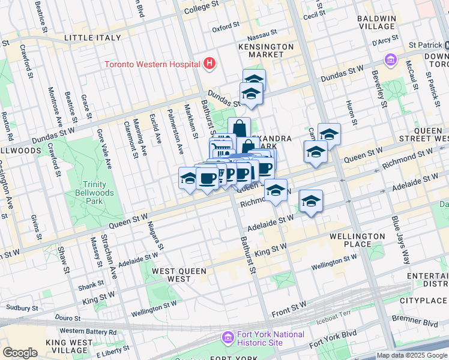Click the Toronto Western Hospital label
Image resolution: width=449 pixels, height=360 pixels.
[152, 64]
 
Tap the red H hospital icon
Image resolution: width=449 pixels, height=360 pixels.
[209, 63]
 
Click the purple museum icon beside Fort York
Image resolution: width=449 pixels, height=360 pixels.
[227, 338]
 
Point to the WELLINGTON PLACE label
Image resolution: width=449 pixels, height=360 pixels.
[357, 241]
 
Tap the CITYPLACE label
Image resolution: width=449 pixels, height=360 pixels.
[423, 299]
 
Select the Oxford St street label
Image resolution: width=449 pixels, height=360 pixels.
[226, 28]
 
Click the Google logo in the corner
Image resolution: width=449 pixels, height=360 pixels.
[20, 353]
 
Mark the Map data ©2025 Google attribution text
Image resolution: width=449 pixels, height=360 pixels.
[412, 355]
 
